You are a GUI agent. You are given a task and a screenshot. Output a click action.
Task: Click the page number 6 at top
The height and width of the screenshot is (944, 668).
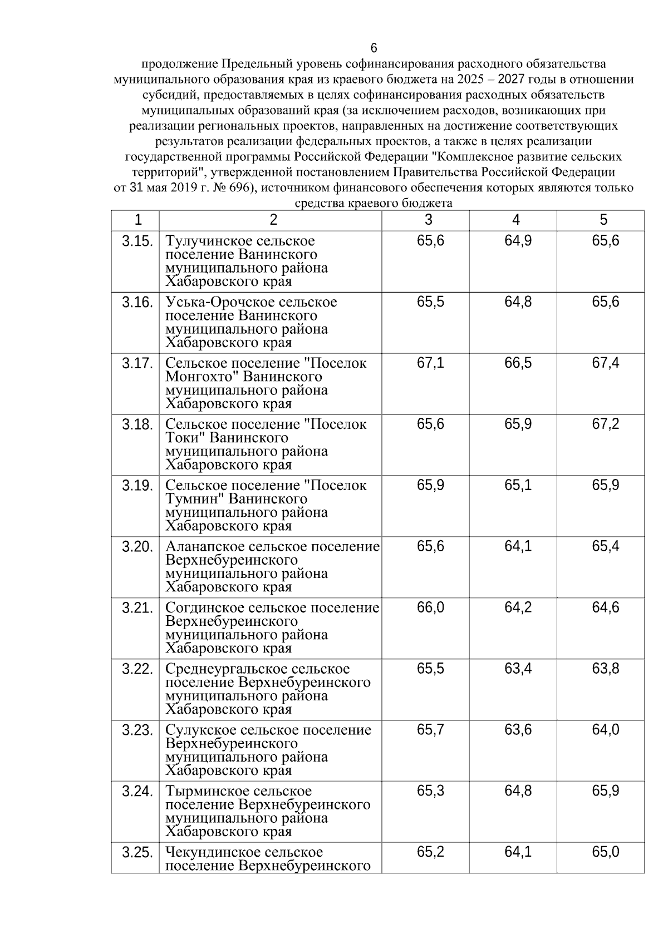click(x=374, y=48)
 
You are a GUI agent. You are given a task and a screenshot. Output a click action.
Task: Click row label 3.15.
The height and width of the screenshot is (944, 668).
click(x=137, y=241)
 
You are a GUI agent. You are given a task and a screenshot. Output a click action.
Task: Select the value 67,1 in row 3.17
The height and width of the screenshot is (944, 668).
click(x=430, y=363)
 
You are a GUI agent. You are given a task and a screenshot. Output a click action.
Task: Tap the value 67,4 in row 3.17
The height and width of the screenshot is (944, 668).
click(x=605, y=363)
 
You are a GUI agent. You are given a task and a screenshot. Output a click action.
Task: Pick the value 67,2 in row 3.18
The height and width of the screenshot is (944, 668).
click(x=605, y=424)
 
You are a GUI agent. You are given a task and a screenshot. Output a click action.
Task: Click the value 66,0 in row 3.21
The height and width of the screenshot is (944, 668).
click(x=430, y=607)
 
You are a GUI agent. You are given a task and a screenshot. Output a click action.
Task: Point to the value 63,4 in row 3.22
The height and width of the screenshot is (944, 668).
click(x=518, y=669)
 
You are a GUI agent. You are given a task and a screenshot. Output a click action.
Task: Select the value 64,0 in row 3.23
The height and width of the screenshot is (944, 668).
click(x=605, y=730)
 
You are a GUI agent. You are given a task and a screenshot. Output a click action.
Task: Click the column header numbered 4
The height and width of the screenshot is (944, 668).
click(x=516, y=220)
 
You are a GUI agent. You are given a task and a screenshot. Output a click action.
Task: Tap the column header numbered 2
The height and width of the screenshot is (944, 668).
click(x=273, y=220)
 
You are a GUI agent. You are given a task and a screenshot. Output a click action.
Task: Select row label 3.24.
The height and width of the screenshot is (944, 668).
click(x=137, y=791)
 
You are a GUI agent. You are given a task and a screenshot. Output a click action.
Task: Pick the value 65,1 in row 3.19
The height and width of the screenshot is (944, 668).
click(x=518, y=486)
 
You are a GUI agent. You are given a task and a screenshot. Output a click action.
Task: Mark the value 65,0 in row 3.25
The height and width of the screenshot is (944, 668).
click(x=605, y=852)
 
